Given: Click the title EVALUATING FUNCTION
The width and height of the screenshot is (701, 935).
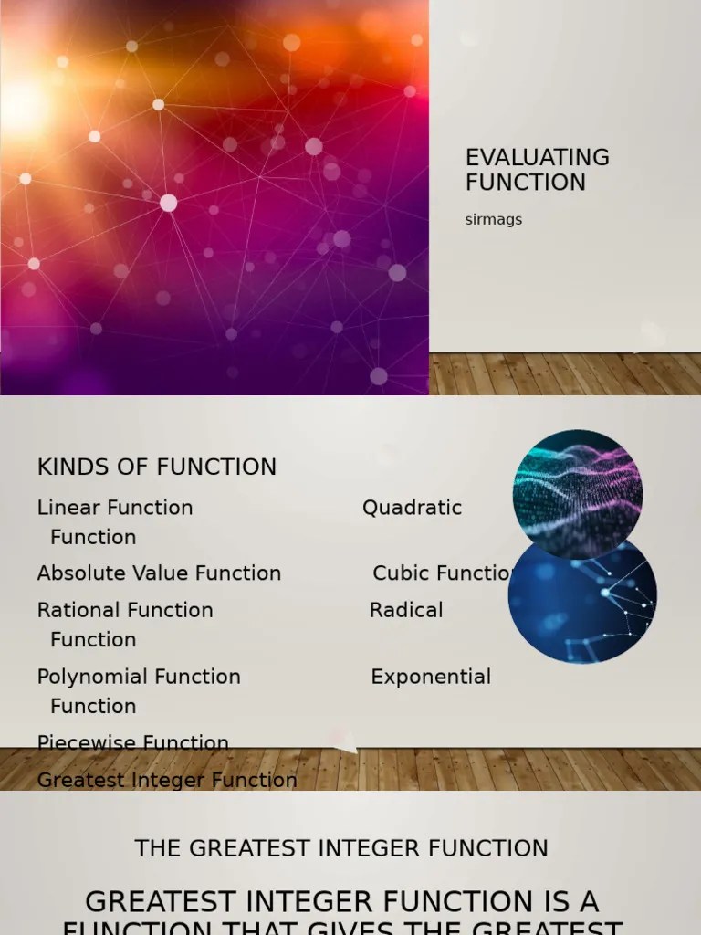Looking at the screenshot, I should pyautogui.click(x=537, y=170).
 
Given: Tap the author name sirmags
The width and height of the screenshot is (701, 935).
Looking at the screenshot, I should pyautogui.click(x=493, y=219).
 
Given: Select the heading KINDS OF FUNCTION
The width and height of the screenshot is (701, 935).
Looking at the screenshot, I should pyautogui.click(x=156, y=467).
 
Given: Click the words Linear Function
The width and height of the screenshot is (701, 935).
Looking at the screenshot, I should pyautogui.click(x=115, y=508).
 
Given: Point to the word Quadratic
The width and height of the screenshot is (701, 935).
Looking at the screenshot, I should pyautogui.click(x=412, y=508).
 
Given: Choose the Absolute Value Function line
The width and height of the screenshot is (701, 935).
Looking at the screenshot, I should pyautogui.click(x=159, y=573).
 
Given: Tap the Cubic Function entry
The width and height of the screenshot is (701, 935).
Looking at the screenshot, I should pyautogui.click(x=444, y=573).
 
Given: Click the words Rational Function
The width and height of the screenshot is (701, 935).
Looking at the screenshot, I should pyautogui.click(x=125, y=610).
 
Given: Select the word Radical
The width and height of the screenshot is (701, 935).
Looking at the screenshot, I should pyautogui.click(x=406, y=610).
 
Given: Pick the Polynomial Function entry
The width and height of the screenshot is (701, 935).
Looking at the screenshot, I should pyautogui.click(x=139, y=677).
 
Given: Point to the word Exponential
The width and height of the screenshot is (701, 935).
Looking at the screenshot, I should pyautogui.click(x=431, y=677).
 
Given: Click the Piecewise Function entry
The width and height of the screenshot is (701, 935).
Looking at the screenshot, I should pyautogui.click(x=132, y=742).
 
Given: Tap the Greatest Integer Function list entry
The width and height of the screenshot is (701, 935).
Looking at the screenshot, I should pyautogui.click(x=167, y=780).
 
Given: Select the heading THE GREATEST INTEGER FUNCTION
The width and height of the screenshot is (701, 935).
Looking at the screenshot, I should pyautogui.click(x=341, y=848).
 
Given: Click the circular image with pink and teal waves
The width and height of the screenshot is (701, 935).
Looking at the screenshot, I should pyautogui.click(x=577, y=493).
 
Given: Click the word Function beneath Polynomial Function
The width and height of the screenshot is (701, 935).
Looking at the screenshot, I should pyautogui.click(x=93, y=706).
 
